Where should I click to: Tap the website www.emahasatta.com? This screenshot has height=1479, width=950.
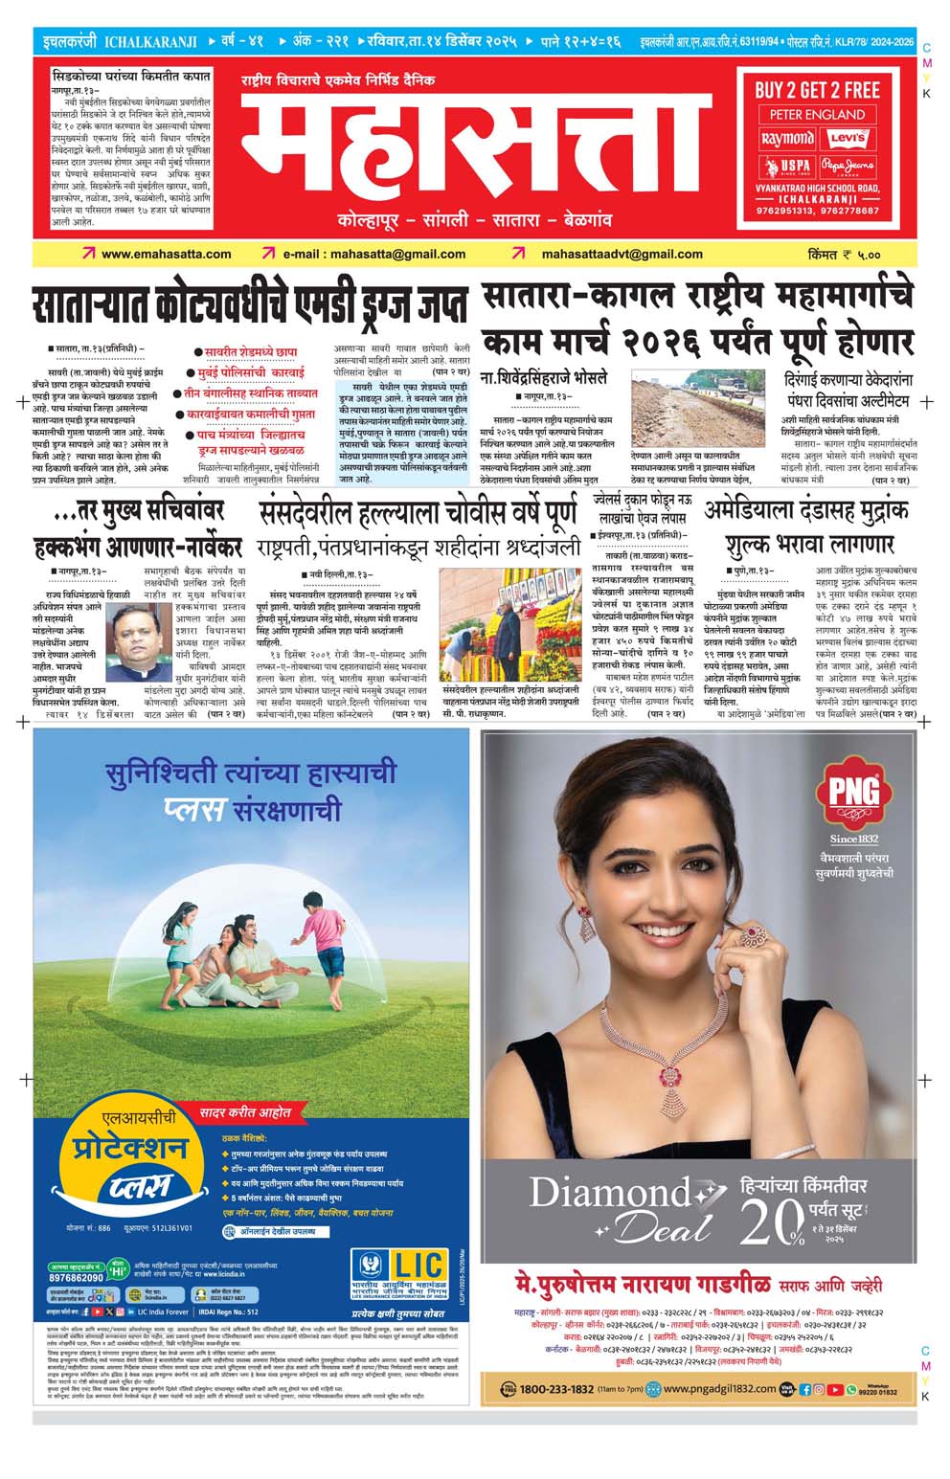166,254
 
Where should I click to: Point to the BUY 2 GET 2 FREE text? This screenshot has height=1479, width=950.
817,91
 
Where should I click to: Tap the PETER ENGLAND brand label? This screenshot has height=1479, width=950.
817,115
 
